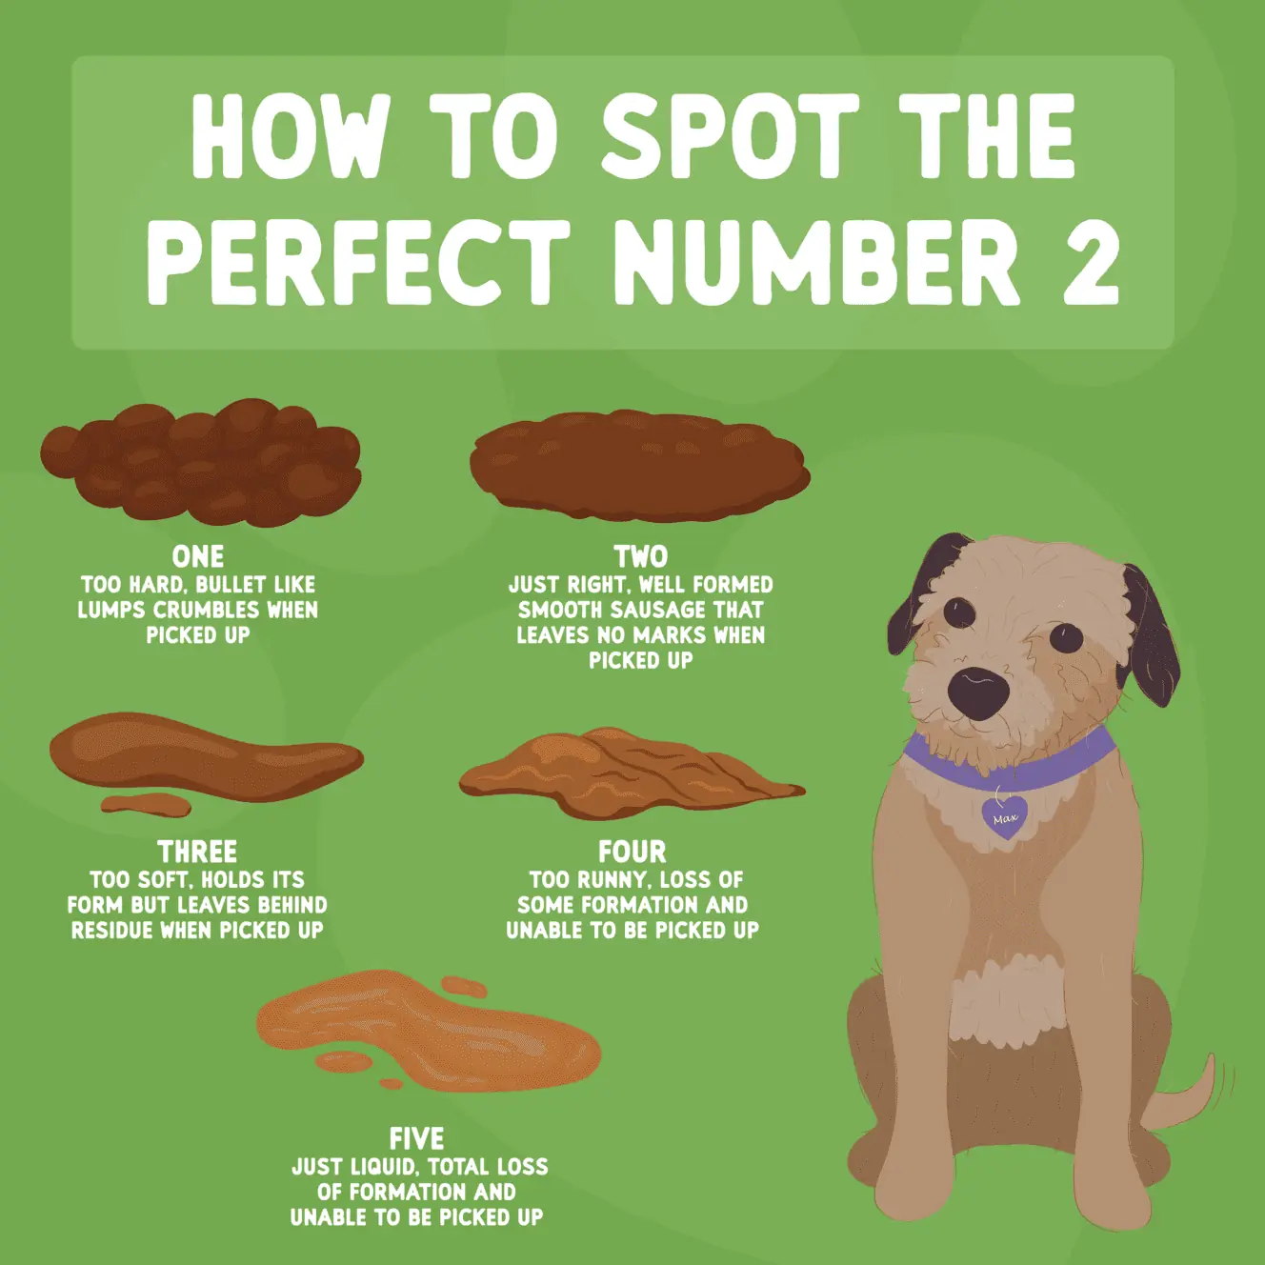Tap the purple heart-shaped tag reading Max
[1005, 817]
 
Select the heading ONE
[198, 556]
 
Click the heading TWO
[640, 556]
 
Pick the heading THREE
[197, 852]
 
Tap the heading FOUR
[632, 852]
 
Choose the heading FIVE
[416, 1138]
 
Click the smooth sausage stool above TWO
[639, 467]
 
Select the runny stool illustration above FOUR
[629, 774]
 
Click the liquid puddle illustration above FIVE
[429, 1034]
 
